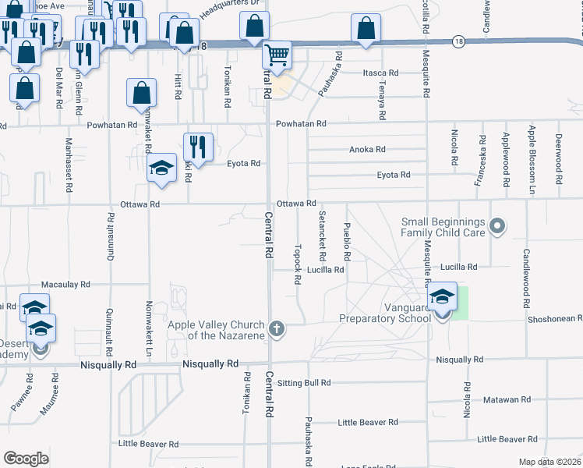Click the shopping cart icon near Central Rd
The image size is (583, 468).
277,55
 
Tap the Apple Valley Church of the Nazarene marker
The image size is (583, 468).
276,329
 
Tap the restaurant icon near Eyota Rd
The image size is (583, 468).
198,146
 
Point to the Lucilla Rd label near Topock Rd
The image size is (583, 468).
325,270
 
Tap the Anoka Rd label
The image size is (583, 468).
367,150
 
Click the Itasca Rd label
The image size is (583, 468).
380,73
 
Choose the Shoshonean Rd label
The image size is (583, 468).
553,318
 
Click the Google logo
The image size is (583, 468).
26,459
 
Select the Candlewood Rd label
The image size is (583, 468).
527,271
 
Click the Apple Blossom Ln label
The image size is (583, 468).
532,150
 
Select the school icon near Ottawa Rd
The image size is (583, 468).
162,168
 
